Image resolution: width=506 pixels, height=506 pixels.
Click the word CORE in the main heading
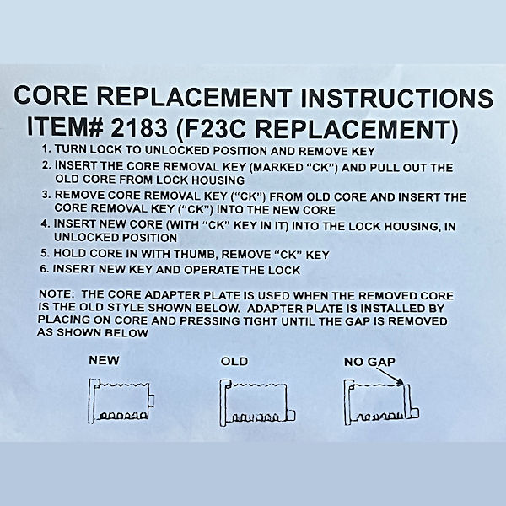tap(51, 94)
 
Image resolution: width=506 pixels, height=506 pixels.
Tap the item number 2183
tap(139, 126)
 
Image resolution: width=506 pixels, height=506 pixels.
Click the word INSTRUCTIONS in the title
tap(396, 98)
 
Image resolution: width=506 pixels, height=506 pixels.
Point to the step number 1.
tap(46, 148)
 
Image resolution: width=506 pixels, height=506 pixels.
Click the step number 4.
tap(45, 223)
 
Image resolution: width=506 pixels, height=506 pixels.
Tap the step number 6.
tap(44, 268)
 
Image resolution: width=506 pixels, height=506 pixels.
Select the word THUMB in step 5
tap(194, 255)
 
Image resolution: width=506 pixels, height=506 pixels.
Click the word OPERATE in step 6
tap(212, 270)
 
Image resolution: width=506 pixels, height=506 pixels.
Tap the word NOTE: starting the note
tap(57, 294)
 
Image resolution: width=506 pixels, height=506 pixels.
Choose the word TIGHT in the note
tap(261, 321)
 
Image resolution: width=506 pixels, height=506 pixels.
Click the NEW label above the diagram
tap(104, 360)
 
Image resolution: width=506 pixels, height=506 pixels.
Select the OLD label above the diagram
tap(234, 361)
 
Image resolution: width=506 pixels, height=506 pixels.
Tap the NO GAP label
tap(370, 362)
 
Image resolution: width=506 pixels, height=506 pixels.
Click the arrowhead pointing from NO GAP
tap(401, 383)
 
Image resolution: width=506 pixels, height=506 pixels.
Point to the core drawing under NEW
tap(121, 401)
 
